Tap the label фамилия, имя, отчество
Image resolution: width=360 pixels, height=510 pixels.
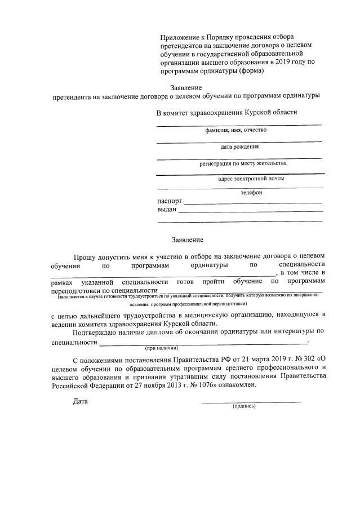pos(236,130)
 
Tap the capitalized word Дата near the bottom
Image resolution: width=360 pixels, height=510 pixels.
pos(81,401)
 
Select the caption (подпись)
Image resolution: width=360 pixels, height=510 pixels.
pos(244,406)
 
